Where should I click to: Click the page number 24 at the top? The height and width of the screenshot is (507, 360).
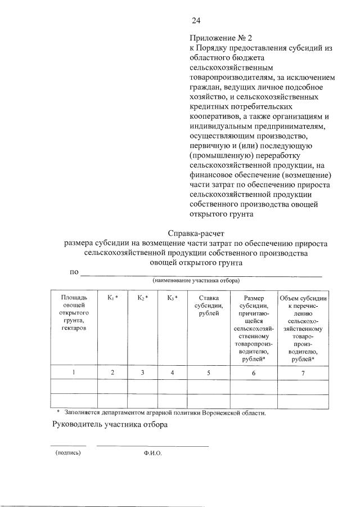196,21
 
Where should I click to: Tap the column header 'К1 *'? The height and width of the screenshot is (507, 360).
112,298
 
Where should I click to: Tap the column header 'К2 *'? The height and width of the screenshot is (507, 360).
143,298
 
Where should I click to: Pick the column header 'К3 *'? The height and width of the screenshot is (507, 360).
172,298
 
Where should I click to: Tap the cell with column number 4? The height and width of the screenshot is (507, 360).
172,373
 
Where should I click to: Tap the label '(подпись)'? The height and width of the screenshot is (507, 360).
68,452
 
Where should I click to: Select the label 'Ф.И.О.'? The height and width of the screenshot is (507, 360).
152,453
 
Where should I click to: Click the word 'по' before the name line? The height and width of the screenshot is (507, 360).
74,272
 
